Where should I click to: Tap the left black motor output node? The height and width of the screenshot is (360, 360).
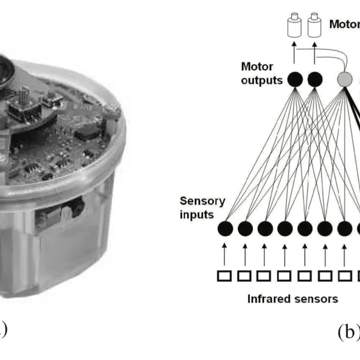coord(295,80)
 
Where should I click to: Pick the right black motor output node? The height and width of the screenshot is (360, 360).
coord(314,80)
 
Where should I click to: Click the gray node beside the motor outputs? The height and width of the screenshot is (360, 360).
coord(345,80)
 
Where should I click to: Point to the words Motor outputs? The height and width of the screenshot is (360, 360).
coord(261,74)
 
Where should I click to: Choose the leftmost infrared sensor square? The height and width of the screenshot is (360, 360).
coord(224,276)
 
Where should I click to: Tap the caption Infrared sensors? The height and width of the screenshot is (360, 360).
coord(292,300)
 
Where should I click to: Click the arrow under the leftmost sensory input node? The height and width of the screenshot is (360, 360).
coord(224,253)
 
